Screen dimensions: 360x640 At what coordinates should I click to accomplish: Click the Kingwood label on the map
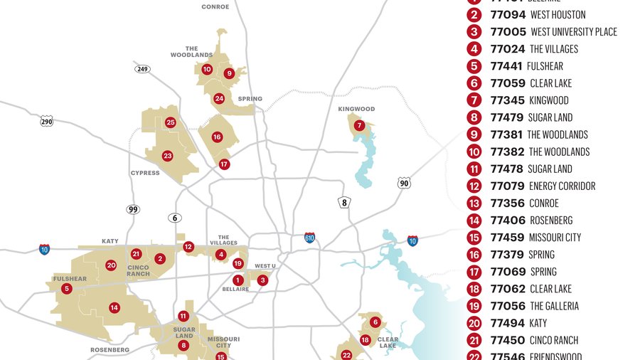click(x=356, y=109)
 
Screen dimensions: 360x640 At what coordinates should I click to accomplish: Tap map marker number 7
click(x=360, y=126)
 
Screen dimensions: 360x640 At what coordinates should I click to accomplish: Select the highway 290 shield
click(x=47, y=121)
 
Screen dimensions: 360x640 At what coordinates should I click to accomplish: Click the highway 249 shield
click(x=142, y=68)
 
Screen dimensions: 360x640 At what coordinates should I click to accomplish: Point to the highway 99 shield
click(x=133, y=209)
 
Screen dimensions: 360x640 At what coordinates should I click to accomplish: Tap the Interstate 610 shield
click(x=309, y=238)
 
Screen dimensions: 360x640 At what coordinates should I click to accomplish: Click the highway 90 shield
click(x=405, y=183)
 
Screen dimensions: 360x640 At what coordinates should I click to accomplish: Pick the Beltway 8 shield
click(x=345, y=203)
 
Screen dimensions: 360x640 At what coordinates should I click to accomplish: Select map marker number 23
click(x=168, y=156)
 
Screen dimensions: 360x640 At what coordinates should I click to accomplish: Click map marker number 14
click(x=114, y=308)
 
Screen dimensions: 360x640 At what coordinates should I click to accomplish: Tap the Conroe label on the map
click(x=215, y=6)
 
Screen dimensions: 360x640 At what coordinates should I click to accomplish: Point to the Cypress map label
click(x=145, y=173)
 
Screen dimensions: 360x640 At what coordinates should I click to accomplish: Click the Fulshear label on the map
click(x=70, y=279)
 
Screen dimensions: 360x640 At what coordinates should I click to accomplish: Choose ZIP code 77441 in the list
click(x=506, y=66)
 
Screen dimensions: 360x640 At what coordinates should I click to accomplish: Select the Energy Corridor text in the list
click(x=562, y=186)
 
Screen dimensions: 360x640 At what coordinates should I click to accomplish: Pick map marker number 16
click(x=217, y=137)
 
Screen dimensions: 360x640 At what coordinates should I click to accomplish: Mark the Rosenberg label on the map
click(x=110, y=350)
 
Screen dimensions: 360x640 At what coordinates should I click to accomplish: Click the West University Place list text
click(x=574, y=32)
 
